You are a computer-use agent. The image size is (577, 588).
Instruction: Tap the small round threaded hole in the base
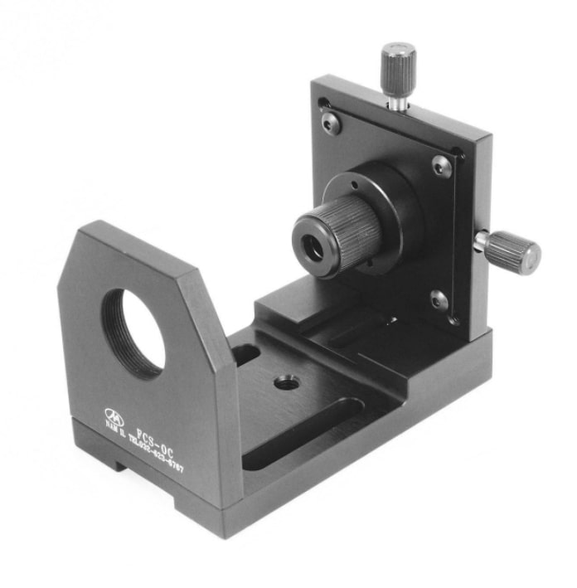(x=287, y=381)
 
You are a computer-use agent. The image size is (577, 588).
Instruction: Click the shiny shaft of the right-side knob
(x=481, y=241)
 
